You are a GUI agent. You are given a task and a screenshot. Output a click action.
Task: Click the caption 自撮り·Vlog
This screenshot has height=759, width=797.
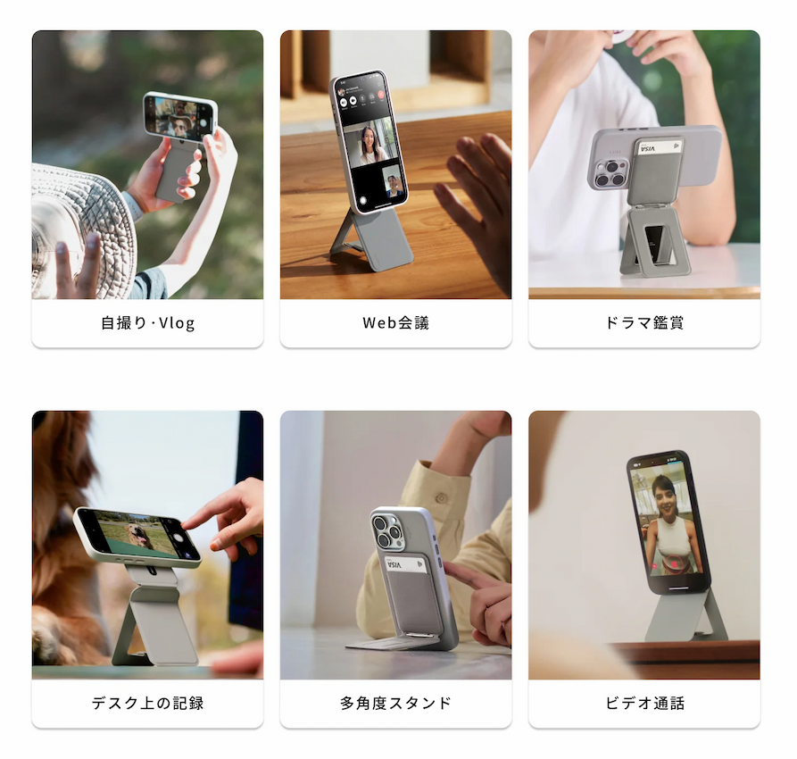[x=147, y=323]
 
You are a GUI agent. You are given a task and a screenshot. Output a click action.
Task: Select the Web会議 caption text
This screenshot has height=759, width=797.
[x=395, y=323]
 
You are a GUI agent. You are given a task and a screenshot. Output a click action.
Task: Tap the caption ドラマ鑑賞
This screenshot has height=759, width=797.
[x=644, y=323]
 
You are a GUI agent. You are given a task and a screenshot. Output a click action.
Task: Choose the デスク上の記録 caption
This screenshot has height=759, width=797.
[x=147, y=703]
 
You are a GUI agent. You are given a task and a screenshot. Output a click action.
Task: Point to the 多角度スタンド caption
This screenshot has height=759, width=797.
[x=395, y=703]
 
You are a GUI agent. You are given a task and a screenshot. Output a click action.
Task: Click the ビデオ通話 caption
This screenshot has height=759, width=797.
[x=644, y=703]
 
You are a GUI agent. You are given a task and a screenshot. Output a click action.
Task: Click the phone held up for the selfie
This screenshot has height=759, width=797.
[x=180, y=116]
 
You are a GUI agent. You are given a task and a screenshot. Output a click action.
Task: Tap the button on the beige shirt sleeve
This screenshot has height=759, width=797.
[x=440, y=497]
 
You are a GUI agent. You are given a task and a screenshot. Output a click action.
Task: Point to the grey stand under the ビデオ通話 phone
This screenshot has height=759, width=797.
[x=683, y=616]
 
